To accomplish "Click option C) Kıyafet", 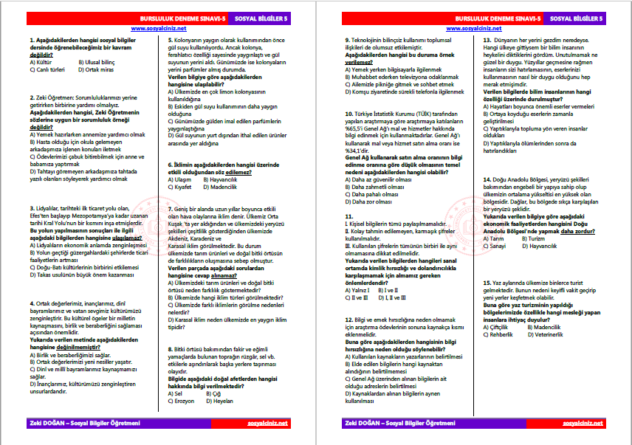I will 183,187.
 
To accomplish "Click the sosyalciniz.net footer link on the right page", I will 583,423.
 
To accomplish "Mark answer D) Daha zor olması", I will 374,201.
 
